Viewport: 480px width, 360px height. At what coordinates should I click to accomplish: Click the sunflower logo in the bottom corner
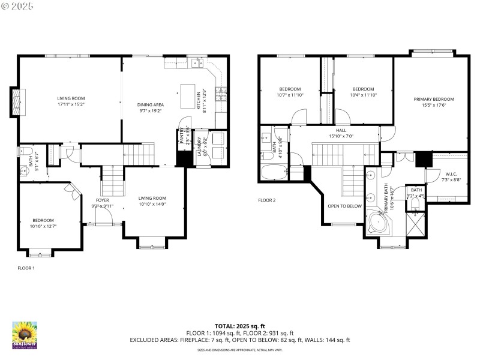pyautogui.click(x=25, y=335)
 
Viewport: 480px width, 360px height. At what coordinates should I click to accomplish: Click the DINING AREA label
pyautogui.click(x=151, y=104)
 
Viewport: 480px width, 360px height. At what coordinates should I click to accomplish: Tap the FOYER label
pyautogui.click(x=103, y=200)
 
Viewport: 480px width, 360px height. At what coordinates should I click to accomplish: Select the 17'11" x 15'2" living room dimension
pyautogui.click(x=71, y=104)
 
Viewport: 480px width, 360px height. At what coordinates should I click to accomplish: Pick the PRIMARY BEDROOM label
pyautogui.click(x=434, y=99)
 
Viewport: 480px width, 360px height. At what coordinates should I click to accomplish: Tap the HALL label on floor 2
pyautogui.click(x=341, y=130)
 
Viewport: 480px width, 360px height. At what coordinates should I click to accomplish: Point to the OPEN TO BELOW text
pyautogui.click(x=344, y=205)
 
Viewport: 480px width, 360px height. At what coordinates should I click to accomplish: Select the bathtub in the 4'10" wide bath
pyautogui.click(x=275, y=172)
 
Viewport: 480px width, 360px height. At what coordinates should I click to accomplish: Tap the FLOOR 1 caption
pyautogui.click(x=26, y=268)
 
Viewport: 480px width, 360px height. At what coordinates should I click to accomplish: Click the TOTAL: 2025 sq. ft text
pyautogui.click(x=239, y=326)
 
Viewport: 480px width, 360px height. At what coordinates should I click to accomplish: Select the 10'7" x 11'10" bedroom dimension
pyautogui.click(x=290, y=95)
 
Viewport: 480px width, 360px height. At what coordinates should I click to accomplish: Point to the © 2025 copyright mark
pyautogui.click(x=17, y=6)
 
